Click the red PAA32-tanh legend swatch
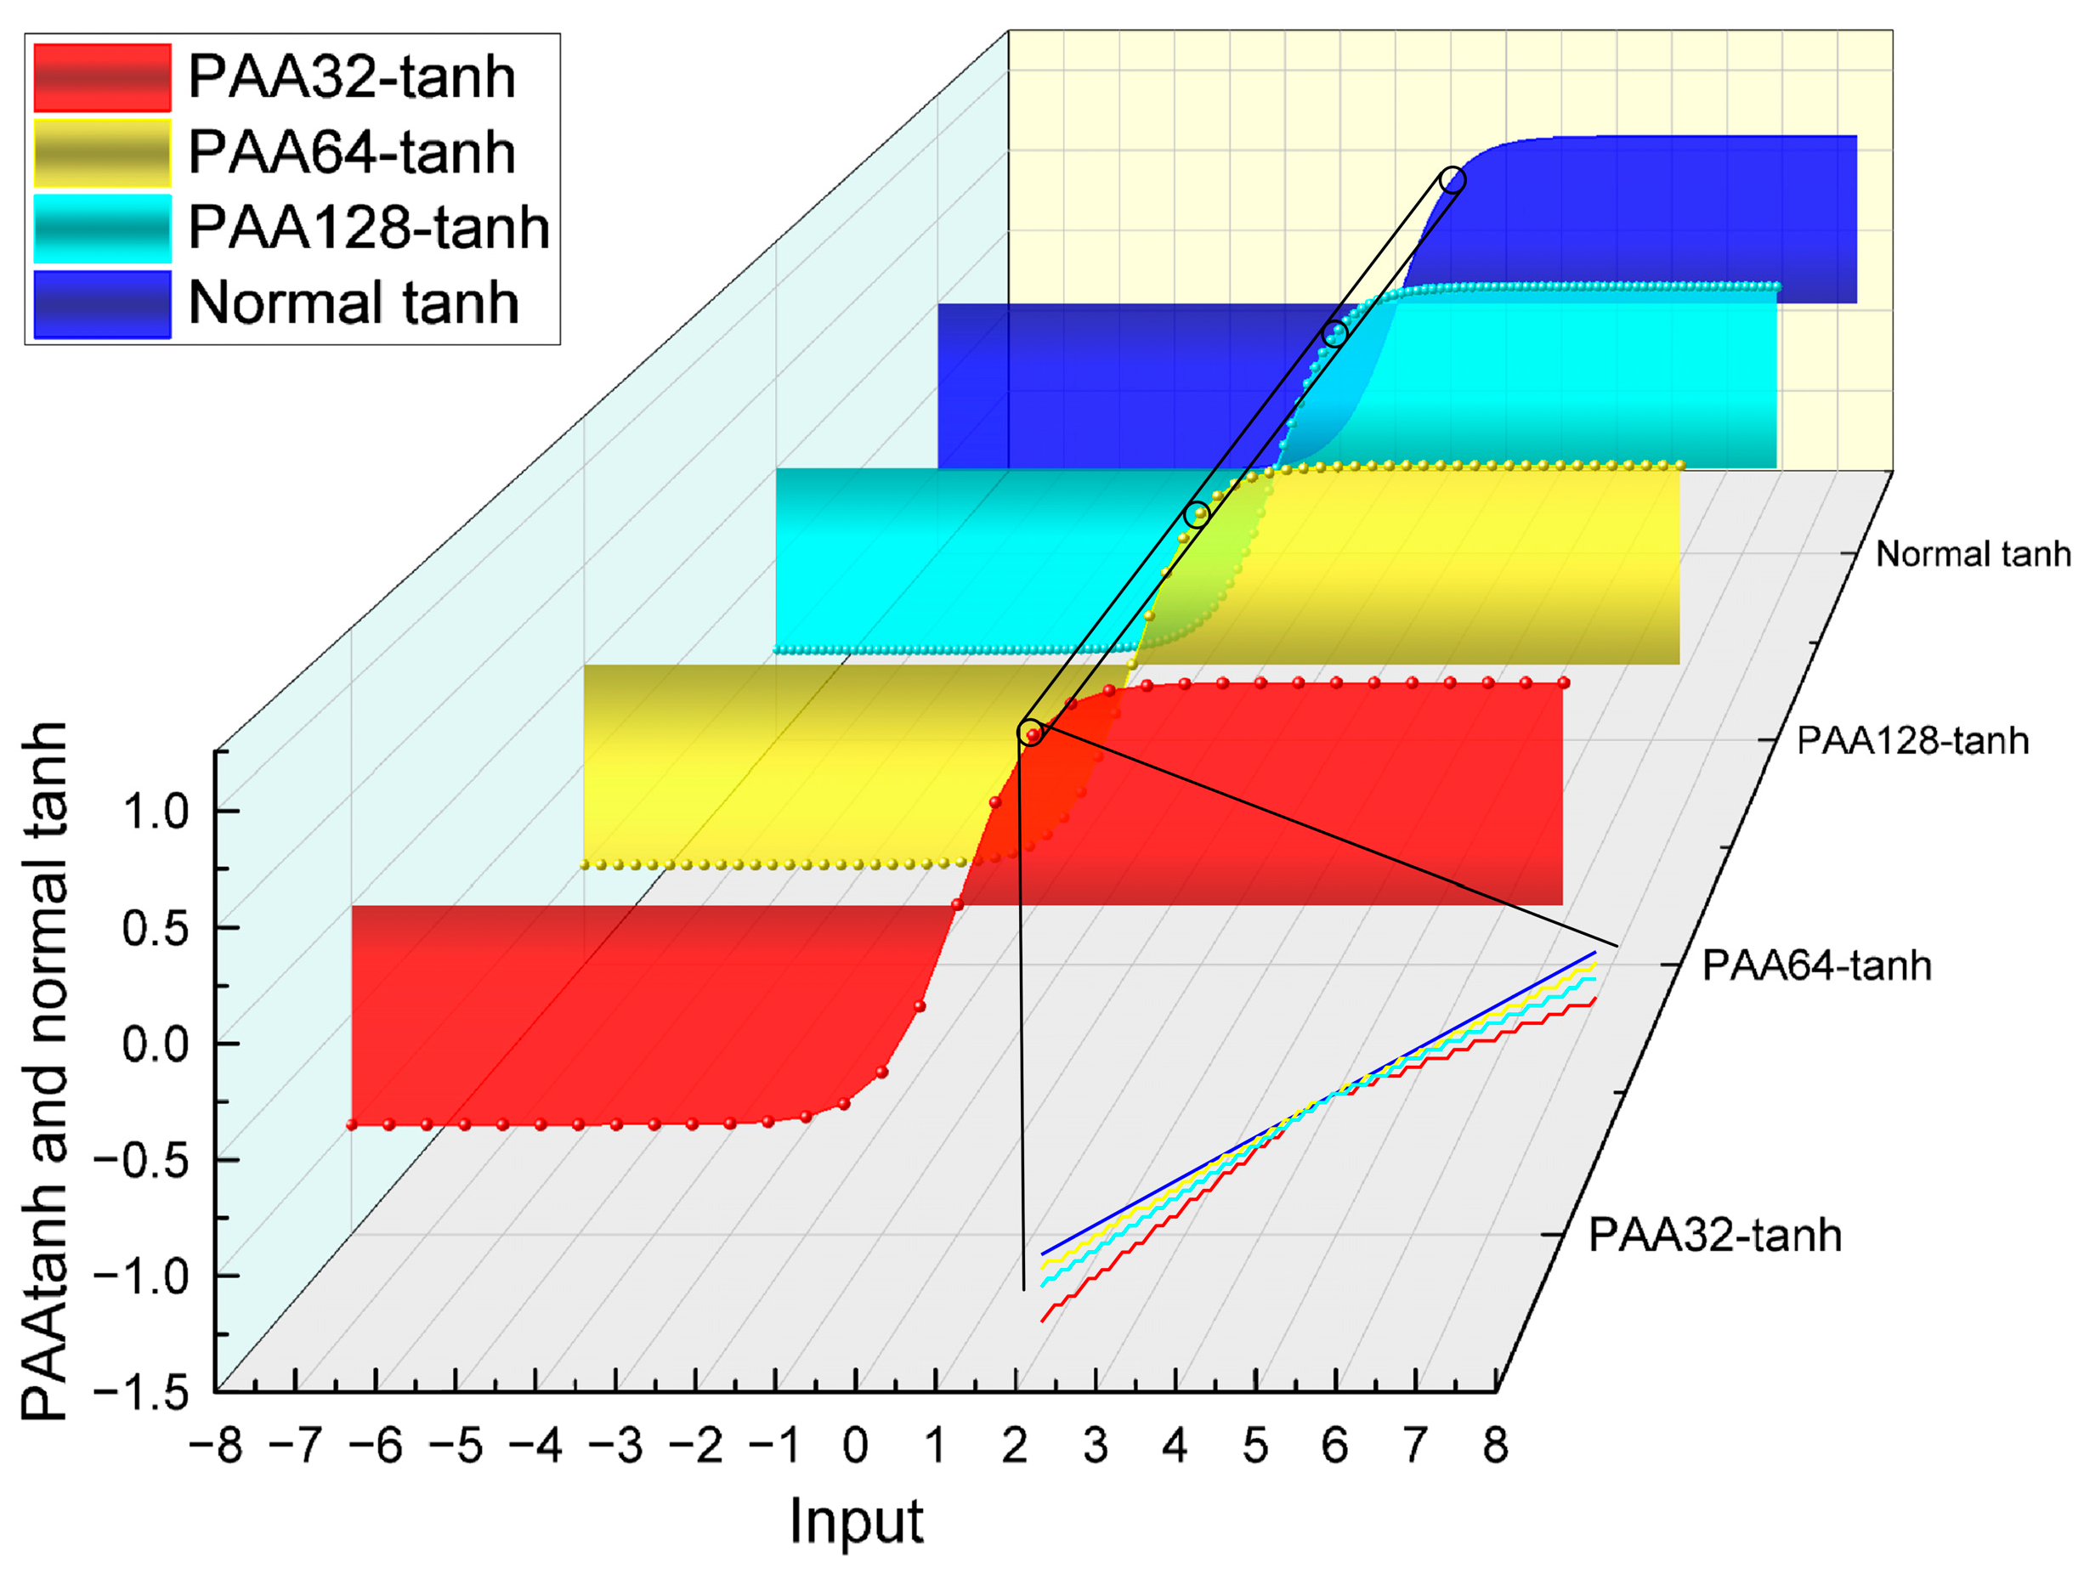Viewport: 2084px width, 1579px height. coord(102,77)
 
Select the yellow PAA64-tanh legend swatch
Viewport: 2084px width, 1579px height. coord(102,153)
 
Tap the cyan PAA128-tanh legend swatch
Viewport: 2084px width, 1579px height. coord(102,228)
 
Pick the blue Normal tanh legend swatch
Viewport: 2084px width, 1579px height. coord(102,303)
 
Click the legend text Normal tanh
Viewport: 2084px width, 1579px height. coord(354,303)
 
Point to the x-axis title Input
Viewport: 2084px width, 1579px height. coord(856,1520)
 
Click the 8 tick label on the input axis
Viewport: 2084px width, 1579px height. coord(1495,1446)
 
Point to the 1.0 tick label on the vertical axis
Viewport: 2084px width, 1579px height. coord(156,812)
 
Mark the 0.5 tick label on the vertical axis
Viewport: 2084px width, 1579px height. coord(156,929)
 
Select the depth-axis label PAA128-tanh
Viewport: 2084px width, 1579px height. coord(1912,741)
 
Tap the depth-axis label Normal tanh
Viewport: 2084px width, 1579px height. coord(1973,555)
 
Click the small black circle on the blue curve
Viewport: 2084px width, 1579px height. coord(1453,180)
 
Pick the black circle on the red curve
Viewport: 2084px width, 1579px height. coord(1032,733)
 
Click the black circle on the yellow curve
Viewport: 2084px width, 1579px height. coord(1197,514)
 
